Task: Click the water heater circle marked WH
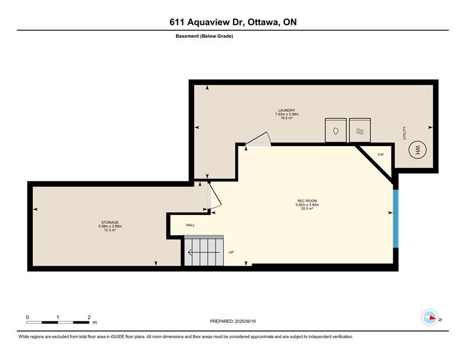click(x=417, y=150)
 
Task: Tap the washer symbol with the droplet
click(x=336, y=130)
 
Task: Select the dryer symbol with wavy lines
click(x=359, y=130)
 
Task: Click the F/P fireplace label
click(x=381, y=154)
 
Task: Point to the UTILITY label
click(x=404, y=133)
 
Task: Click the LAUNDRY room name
click(x=287, y=110)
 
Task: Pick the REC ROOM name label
click(x=307, y=201)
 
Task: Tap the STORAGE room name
click(x=110, y=223)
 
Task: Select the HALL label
click(x=190, y=225)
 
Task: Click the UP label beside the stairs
click(x=231, y=252)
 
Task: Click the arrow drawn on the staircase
click(x=204, y=252)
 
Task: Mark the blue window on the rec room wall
click(x=396, y=218)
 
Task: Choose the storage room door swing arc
click(x=217, y=196)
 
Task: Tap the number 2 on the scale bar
click(x=89, y=317)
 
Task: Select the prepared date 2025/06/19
click(x=245, y=321)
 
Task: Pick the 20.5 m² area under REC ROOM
click(x=307, y=209)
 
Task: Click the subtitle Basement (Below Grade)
click(x=204, y=36)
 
